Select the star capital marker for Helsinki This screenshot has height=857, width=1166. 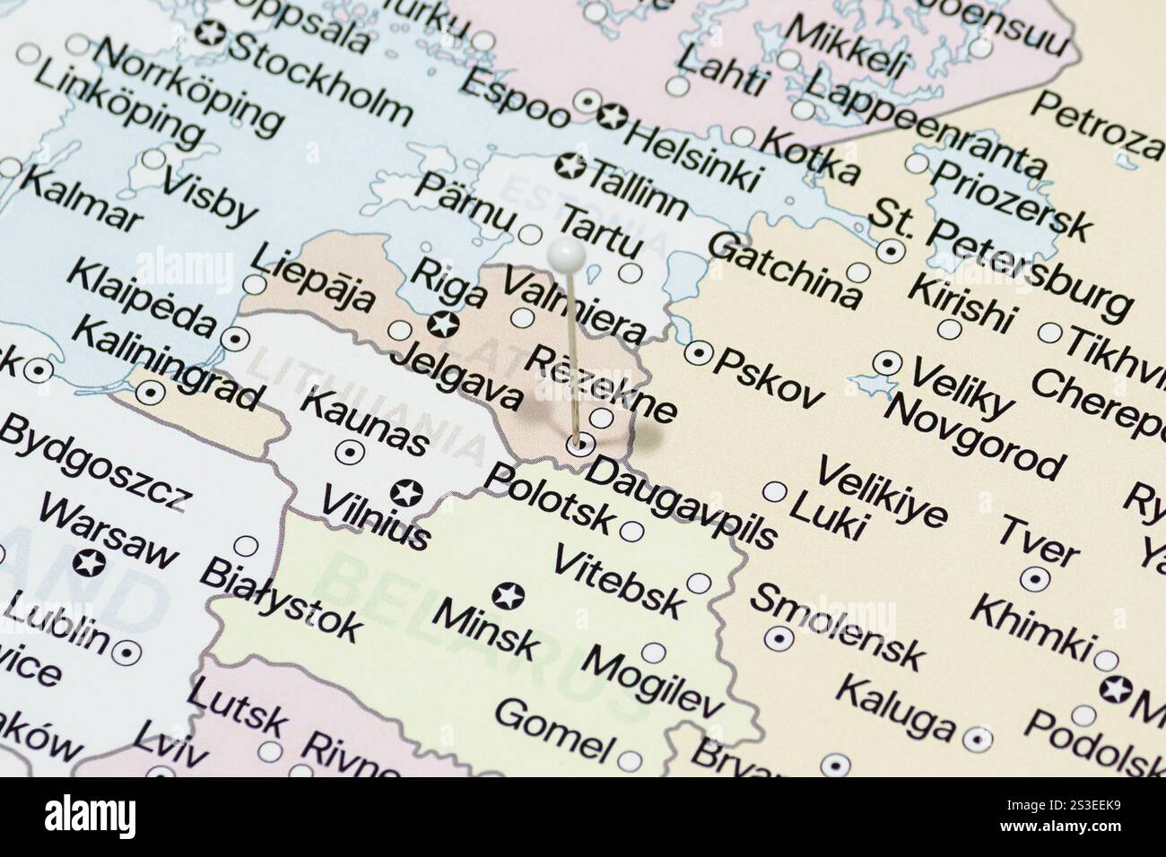(613, 116)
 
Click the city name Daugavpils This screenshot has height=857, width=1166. (681, 501)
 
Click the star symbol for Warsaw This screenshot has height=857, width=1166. (90, 564)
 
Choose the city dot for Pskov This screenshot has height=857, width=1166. (699, 352)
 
